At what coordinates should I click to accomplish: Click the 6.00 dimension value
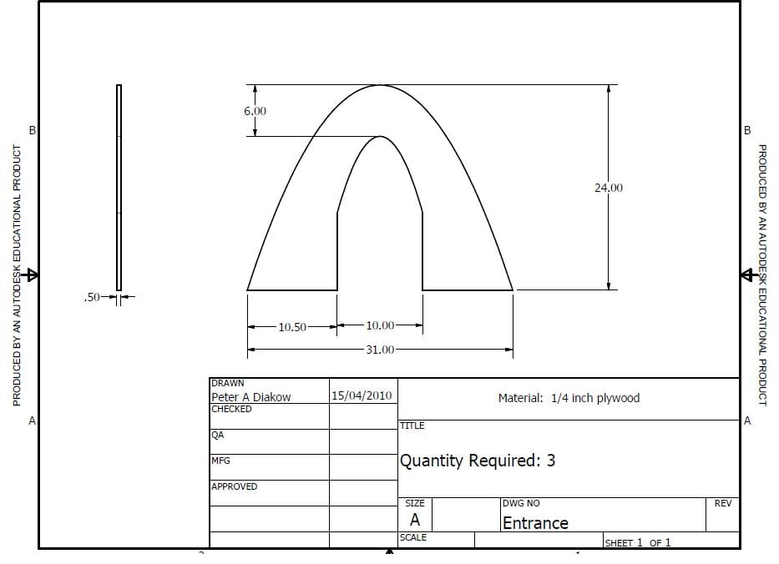point(255,111)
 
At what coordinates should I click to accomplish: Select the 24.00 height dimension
point(609,188)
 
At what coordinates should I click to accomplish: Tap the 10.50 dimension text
point(292,327)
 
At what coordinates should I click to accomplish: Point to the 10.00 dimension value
point(380,325)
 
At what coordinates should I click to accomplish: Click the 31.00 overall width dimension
point(380,350)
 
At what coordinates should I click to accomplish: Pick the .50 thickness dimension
point(92,297)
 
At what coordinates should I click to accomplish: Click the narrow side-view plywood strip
point(119,188)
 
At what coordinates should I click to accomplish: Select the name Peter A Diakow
point(250,397)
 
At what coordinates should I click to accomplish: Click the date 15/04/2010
point(362,395)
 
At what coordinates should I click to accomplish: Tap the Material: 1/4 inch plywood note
point(569,398)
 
